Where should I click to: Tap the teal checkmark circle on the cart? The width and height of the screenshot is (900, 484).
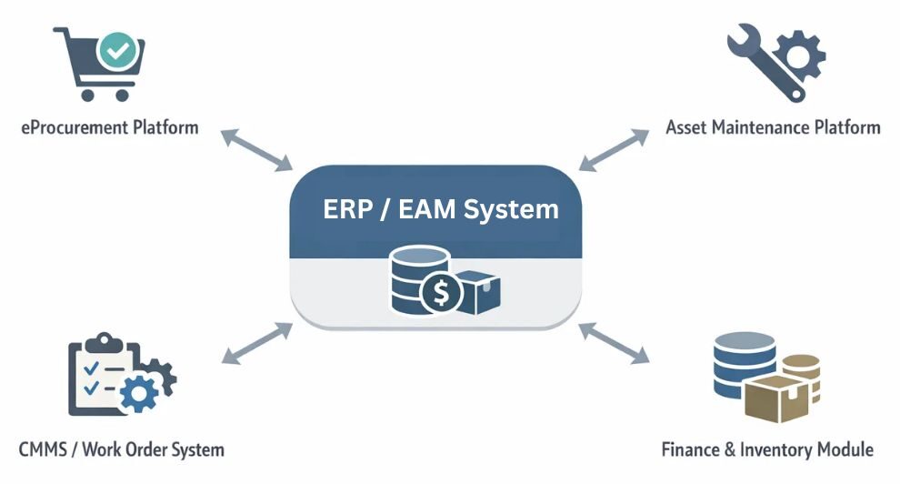[x=116, y=50]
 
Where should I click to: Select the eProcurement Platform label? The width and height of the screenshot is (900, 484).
[x=109, y=126]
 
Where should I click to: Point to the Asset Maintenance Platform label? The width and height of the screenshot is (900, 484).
[x=773, y=126]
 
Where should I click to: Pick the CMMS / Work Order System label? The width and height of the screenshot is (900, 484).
[x=121, y=449]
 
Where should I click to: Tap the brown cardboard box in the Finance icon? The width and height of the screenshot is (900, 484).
[x=773, y=401]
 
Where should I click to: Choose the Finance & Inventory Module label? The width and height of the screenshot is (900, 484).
[x=767, y=449]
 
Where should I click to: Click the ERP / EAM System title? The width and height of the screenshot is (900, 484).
[x=441, y=209]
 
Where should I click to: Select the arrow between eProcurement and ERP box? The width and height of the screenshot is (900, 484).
[x=256, y=149]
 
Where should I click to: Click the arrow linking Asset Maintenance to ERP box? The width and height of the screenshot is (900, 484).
[x=615, y=149]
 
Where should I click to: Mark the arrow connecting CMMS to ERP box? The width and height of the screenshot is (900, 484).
[x=256, y=343]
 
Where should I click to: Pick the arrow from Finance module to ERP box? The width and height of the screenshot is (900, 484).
[x=615, y=343]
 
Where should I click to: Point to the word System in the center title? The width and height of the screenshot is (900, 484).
[x=511, y=209]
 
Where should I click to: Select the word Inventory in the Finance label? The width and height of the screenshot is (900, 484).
[x=776, y=449]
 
